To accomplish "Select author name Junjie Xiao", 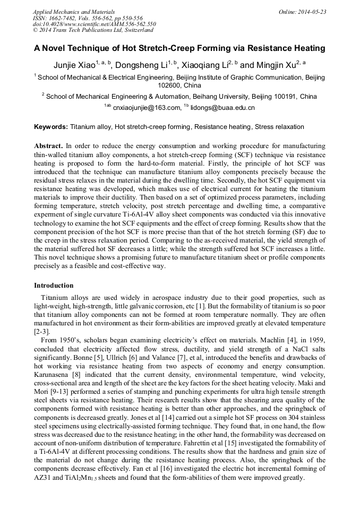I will point(73,65).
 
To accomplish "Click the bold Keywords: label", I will point(51,127).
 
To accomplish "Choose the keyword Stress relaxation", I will point(279,127).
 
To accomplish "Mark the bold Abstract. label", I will point(49,145).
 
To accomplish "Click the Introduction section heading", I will point(54,286).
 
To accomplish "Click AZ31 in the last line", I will point(42,478).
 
